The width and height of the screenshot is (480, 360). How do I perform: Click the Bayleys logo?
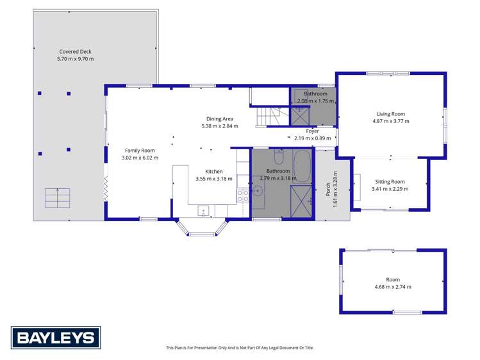pyautogui.click(x=55, y=337)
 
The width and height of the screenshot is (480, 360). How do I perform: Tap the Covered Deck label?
pyautogui.click(x=76, y=51)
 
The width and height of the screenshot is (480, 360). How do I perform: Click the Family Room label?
pyautogui.click(x=140, y=150)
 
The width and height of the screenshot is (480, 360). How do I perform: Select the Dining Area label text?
pyautogui.click(x=219, y=119)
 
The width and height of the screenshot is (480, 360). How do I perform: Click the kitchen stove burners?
pyautogui.click(x=243, y=195)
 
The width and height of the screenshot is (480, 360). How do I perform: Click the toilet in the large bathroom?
pyautogui.click(x=279, y=157)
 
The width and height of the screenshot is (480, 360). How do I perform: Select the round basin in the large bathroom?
pyautogui.click(x=258, y=191)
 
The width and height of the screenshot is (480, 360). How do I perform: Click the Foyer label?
pyautogui.click(x=312, y=131)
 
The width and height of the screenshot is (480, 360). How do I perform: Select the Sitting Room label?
pyautogui.click(x=390, y=182)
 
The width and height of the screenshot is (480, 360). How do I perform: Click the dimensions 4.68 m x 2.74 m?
pyautogui.click(x=393, y=286)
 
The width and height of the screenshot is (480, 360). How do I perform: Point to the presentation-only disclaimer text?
pyautogui.click(x=240, y=348)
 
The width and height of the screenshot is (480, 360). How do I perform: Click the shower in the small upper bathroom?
pyautogui.click(x=299, y=116)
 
